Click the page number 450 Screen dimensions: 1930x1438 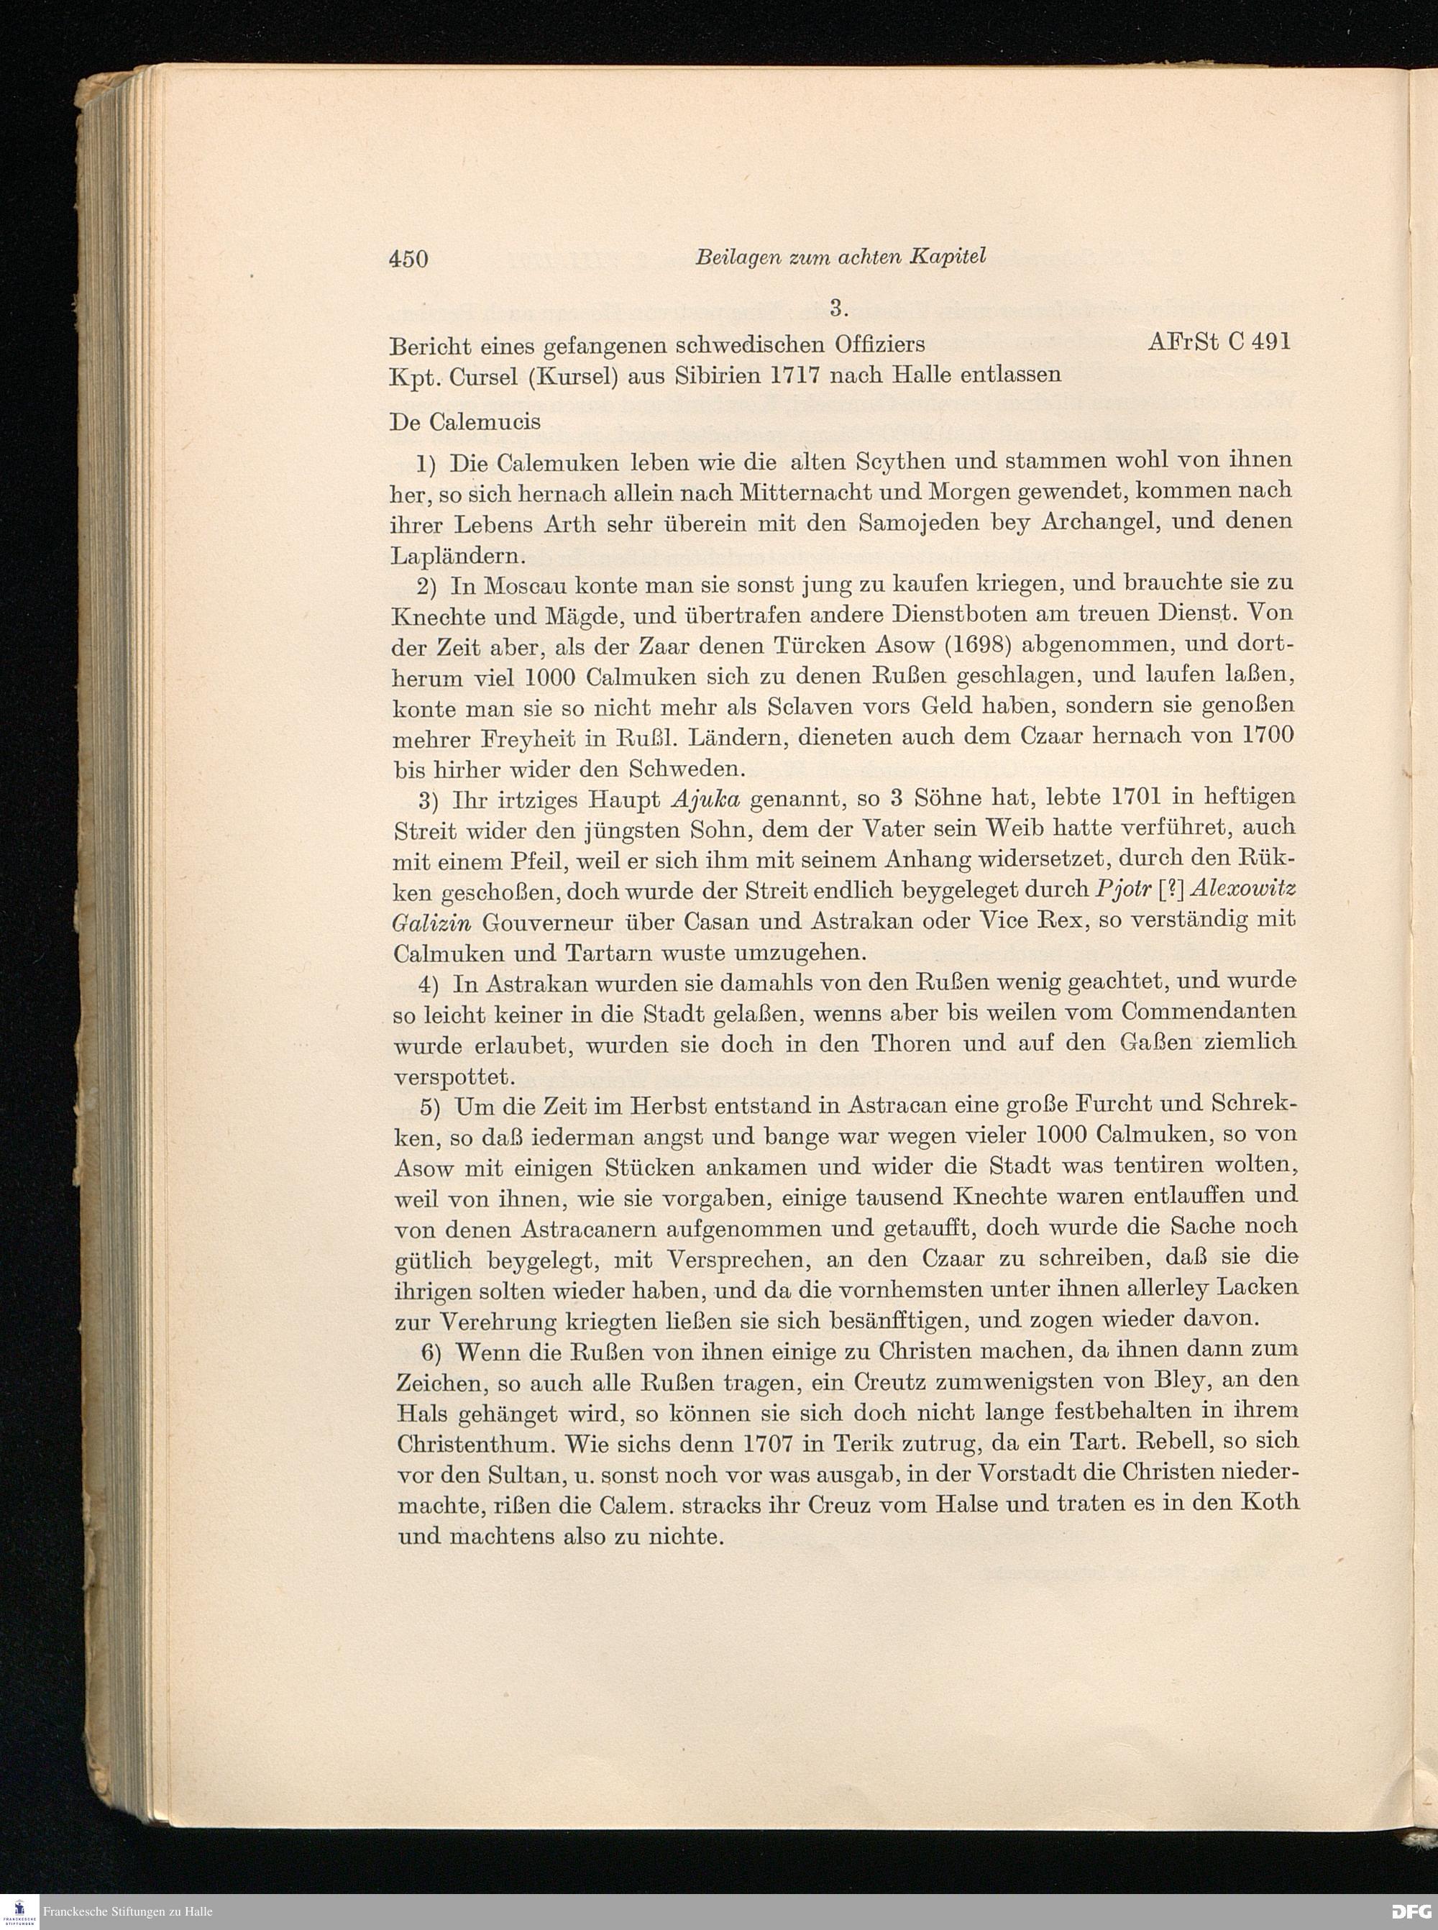tap(408, 259)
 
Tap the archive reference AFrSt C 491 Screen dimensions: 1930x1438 tap(1218, 342)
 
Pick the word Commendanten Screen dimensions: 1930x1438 tap(1208, 1012)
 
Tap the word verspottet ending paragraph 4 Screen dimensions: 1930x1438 tap(453, 1078)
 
